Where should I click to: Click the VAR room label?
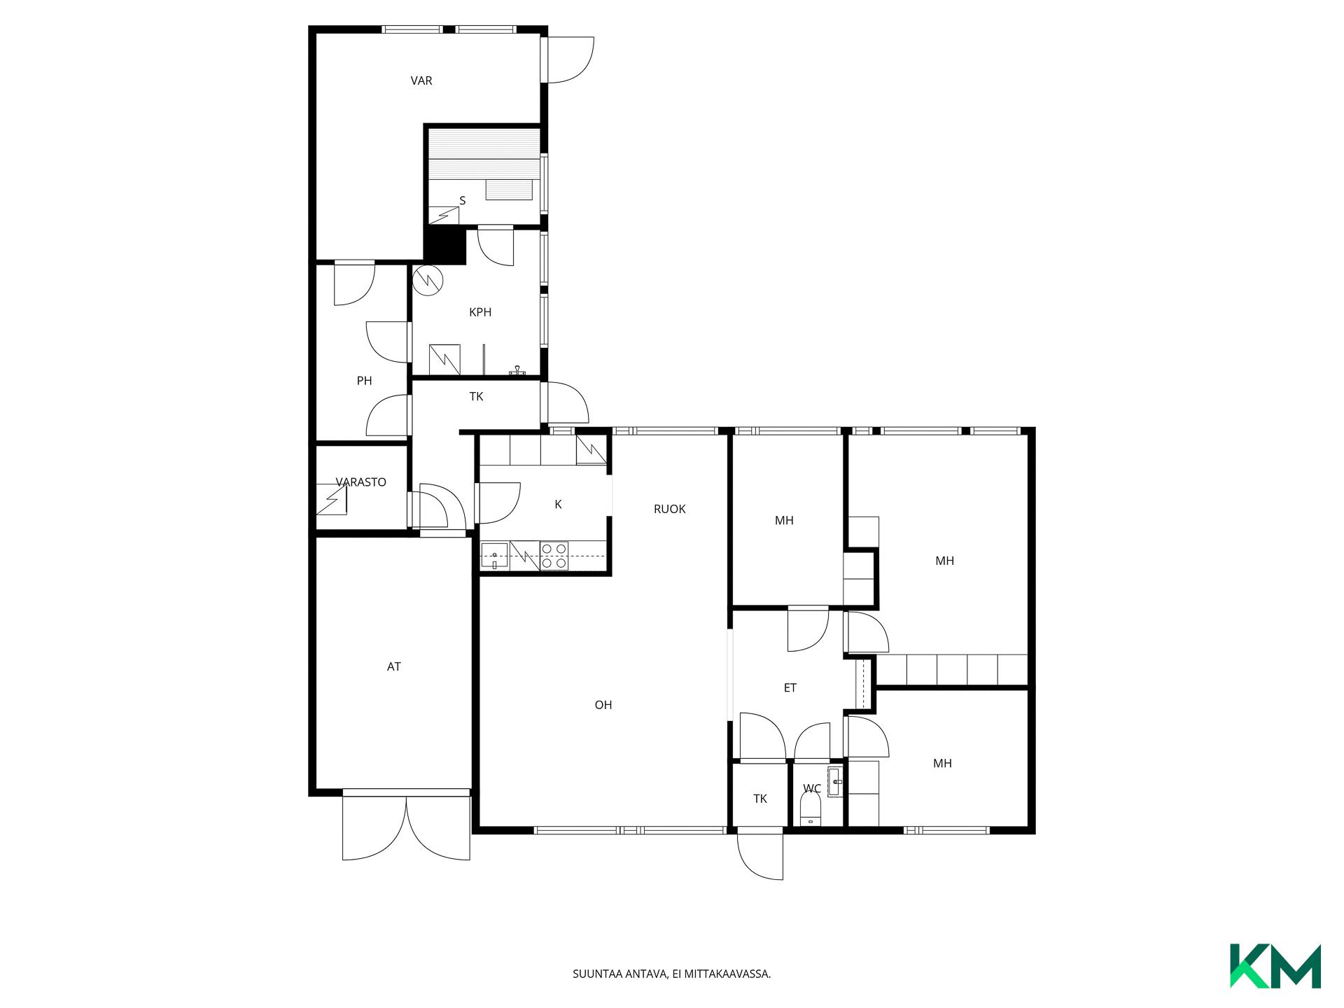pos(421,80)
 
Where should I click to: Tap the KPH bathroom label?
pos(480,312)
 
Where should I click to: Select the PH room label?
pos(364,381)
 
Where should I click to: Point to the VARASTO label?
pos(361,482)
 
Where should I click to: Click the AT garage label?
pos(394,667)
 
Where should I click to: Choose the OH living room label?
pos(603,706)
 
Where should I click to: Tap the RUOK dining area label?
pos(670,510)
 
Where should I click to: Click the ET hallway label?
pos(790,688)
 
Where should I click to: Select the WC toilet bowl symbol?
pos(811,811)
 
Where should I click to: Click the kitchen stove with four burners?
pos(554,556)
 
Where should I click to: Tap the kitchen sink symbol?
pos(495,556)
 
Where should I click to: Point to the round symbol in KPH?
pos(428,280)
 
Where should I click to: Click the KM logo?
pos(1275,966)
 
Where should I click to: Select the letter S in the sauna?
pos(463,201)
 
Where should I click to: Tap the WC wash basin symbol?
pos(835,782)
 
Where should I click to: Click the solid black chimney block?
pos(445,246)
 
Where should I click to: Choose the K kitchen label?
pos(558,505)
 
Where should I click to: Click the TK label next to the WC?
pos(760,799)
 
